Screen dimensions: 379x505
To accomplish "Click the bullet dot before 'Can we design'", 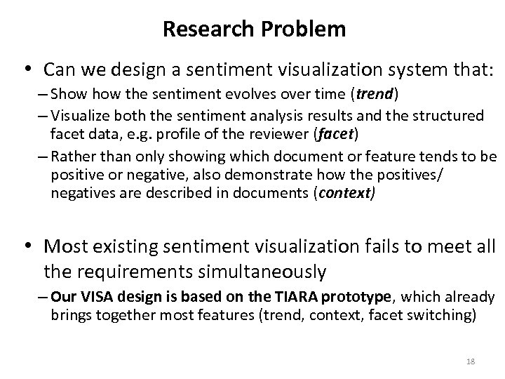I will tap(27, 70).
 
